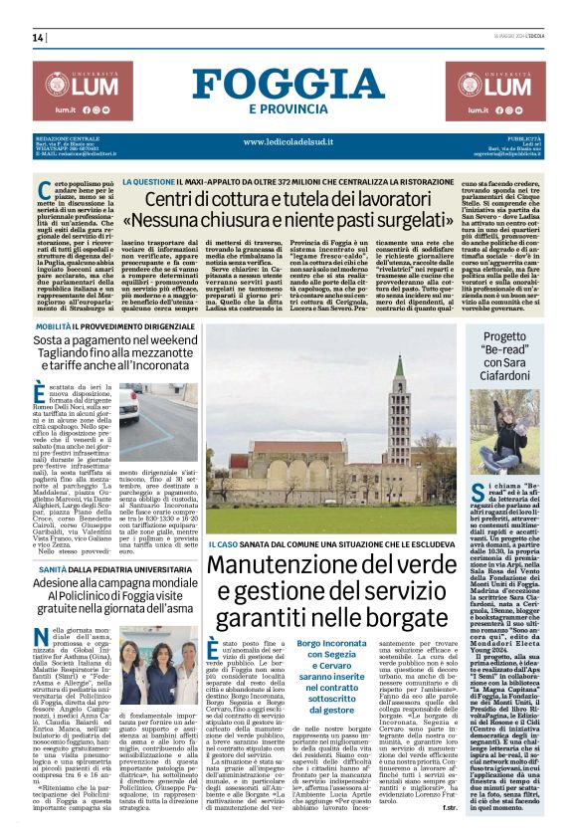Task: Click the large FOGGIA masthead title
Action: [x=288, y=85]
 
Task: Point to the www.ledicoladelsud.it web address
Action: [x=288, y=141]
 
